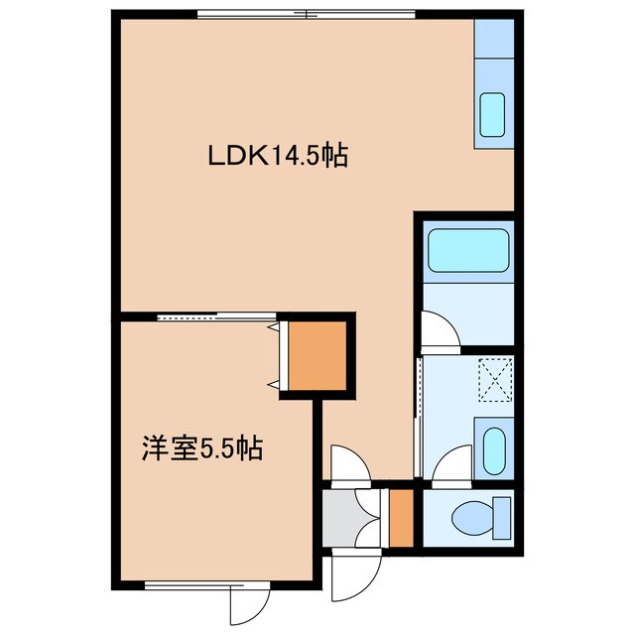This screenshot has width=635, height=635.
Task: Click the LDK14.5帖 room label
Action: pyautogui.click(x=277, y=156)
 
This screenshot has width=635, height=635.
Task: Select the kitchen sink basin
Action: pyautogui.click(x=492, y=116)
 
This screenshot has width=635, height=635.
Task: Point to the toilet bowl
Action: pyautogui.click(x=466, y=518)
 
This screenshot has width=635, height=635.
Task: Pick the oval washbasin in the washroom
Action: pyautogui.click(x=492, y=449)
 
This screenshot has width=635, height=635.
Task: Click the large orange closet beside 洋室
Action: pyautogui.click(x=315, y=354)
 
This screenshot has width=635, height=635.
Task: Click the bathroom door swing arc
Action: pyautogui.click(x=438, y=330)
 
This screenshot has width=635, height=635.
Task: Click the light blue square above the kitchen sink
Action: pyautogui.click(x=492, y=41)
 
